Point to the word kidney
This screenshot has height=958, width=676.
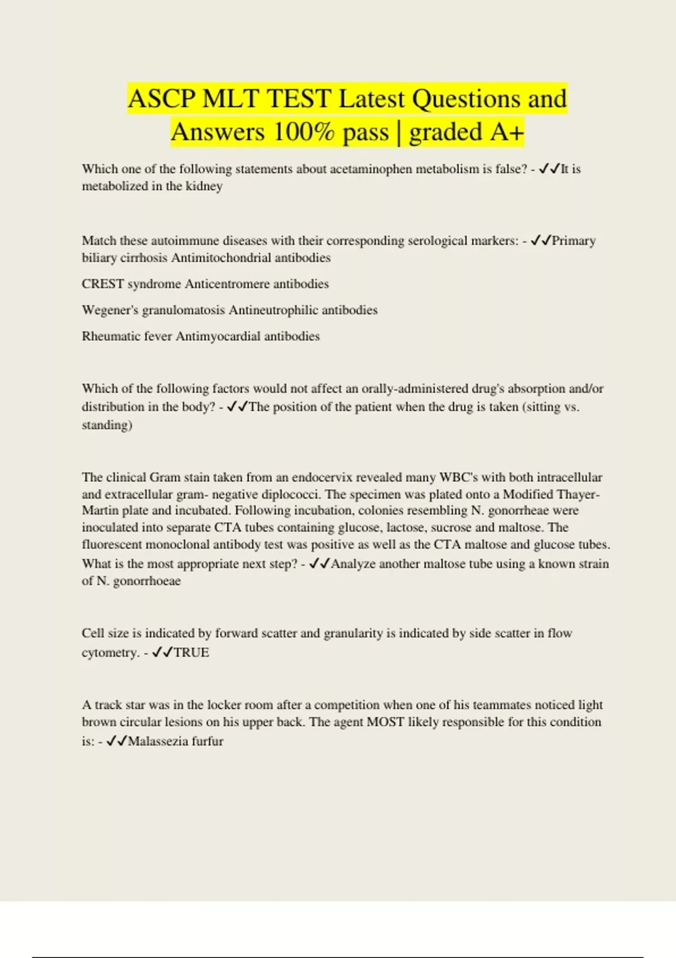[x=204, y=186]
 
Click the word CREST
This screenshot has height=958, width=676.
[x=103, y=284]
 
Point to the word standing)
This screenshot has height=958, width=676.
[x=107, y=425]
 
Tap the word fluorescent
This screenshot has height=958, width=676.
[x=112, y=544]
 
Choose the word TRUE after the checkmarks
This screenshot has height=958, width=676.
[x=192, y=653]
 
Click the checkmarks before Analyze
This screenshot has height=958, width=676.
[x=319, y=564]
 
